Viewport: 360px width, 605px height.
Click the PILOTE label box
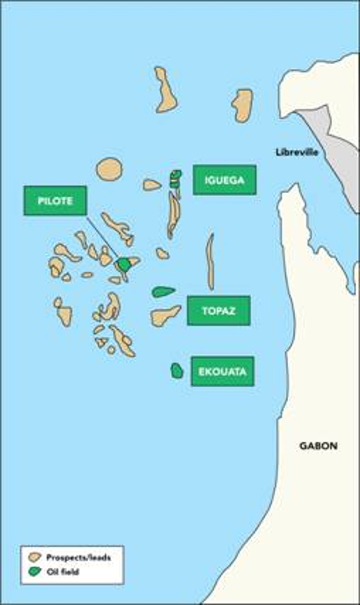point(55,200)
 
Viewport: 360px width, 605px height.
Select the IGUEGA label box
point(224,180)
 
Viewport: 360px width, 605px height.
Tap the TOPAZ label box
point(218,310)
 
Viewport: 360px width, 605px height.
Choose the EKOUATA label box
point(223,371)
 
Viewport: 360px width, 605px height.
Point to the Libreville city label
point(296,152)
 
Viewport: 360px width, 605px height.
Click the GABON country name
point(318,446)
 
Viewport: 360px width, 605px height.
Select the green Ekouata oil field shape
point(176,371)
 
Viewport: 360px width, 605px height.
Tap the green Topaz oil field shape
point(162,292)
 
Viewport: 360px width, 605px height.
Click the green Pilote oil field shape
point(124,264)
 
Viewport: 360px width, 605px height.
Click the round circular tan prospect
point(109,169)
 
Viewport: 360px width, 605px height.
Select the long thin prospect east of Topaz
point(210,261)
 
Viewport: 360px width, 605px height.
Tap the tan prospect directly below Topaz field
point(164,316)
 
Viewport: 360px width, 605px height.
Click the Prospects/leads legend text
point(79,557)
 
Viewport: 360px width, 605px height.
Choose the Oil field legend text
point(62,572)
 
